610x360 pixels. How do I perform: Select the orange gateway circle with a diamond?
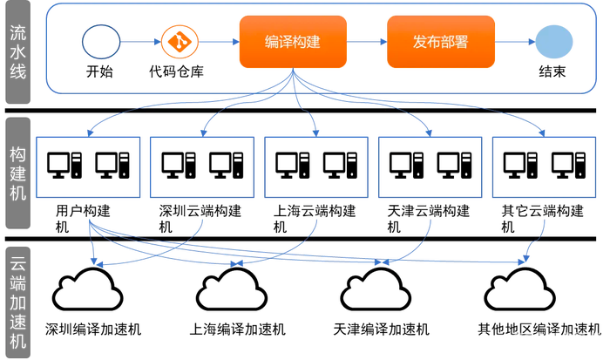[180, 41]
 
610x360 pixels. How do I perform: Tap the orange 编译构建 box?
[292, 41]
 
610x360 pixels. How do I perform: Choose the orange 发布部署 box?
[440, 41]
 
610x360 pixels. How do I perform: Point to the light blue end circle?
[553, 42]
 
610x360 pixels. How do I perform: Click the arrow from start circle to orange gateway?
[138, 41]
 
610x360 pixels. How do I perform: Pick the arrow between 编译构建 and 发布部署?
[366, 41]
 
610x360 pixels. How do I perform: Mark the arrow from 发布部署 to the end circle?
[514, 41]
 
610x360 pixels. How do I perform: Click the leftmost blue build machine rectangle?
[88, 166]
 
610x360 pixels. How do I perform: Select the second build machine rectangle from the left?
[202, 166]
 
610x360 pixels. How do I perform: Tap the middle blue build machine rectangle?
[316, 166]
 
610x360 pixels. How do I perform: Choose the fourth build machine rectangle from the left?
[430, 166]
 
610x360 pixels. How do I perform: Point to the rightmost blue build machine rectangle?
[545, 166]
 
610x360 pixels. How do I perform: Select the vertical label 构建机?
[18, 173]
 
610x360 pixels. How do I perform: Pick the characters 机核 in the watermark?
[587, 336]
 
